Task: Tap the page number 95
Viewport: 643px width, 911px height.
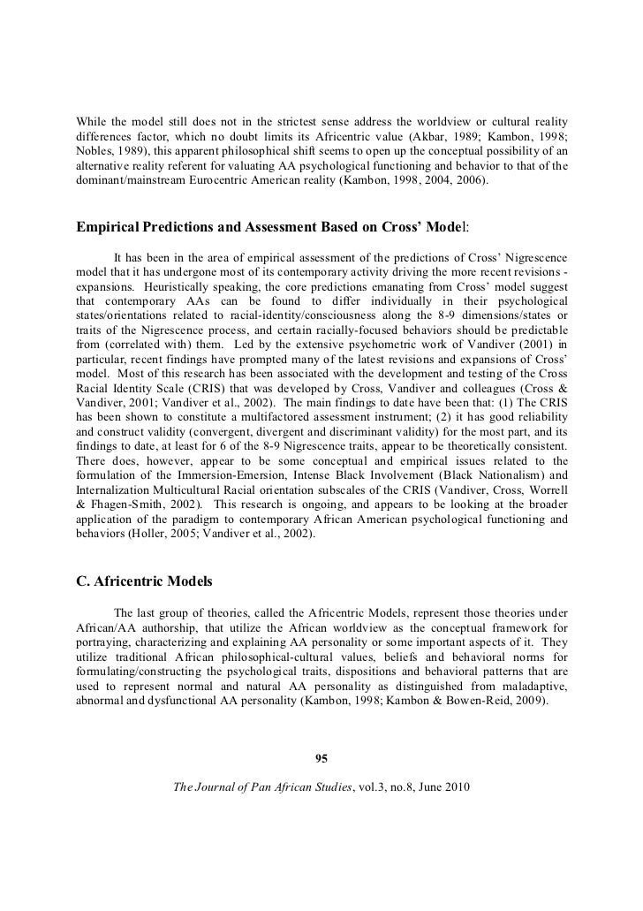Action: [321, 755]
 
